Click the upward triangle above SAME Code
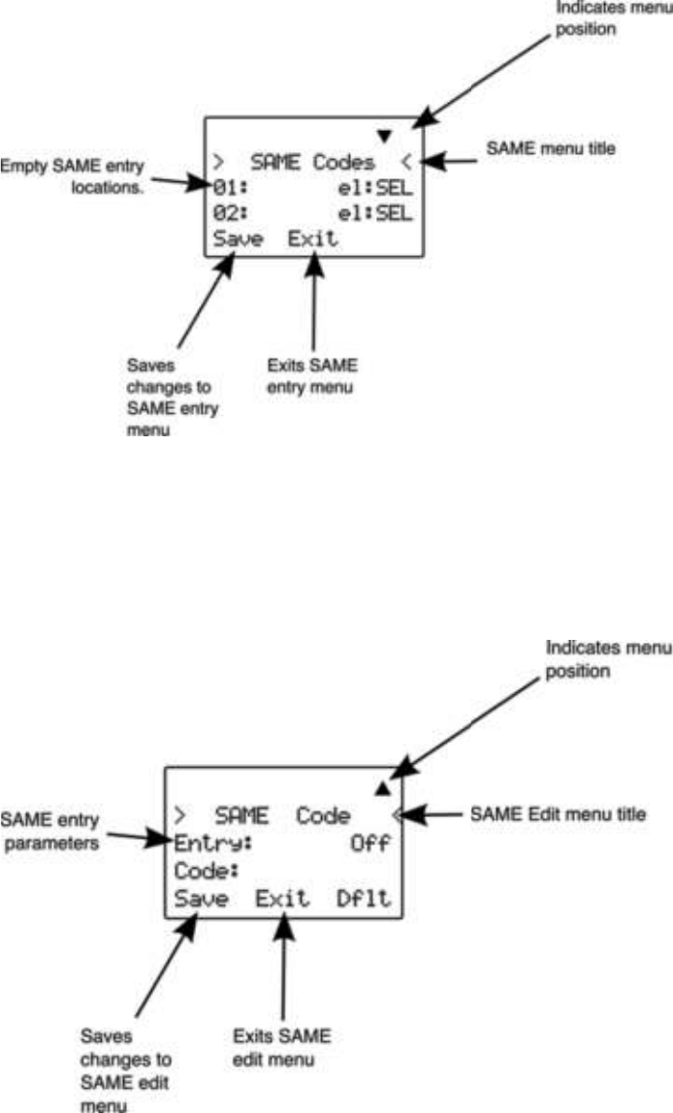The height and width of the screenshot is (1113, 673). tap(382, 788)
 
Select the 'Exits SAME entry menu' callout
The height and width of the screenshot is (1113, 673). tap(312, 375)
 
